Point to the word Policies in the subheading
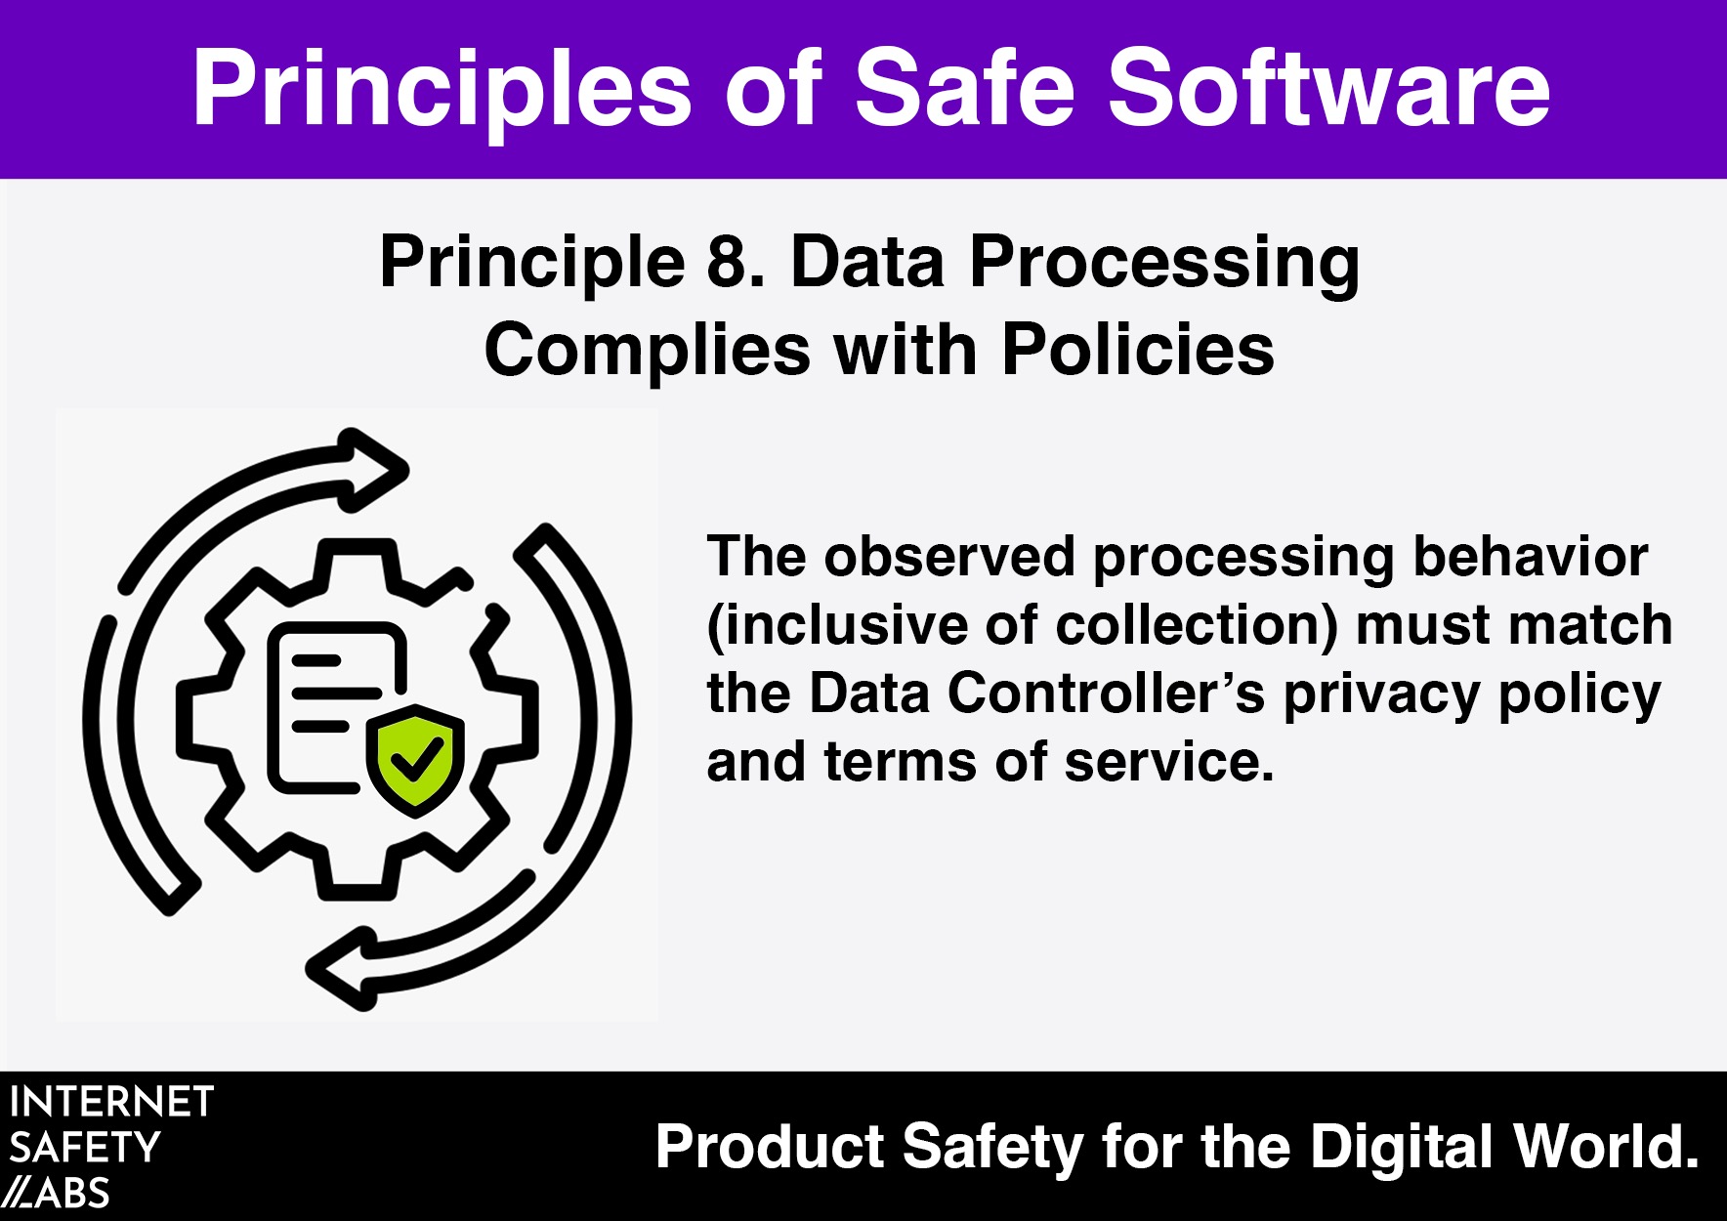(1138, 350)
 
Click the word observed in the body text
(950, 557)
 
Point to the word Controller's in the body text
(1106, 694)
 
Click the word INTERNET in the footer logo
(111, 1103)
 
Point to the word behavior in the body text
(1531, 557)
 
